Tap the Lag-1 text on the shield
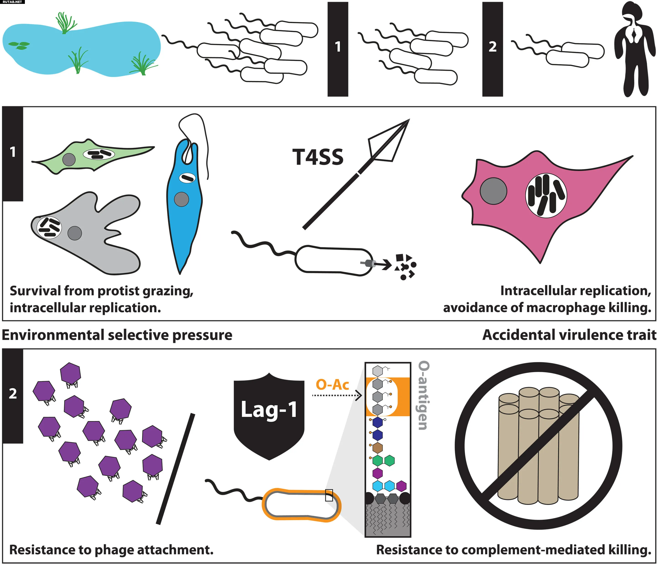(x=269, y=410)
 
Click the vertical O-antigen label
(x=424, y=395)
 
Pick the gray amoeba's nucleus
(x=75, y=233)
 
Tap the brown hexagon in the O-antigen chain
(x=377, y=448)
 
